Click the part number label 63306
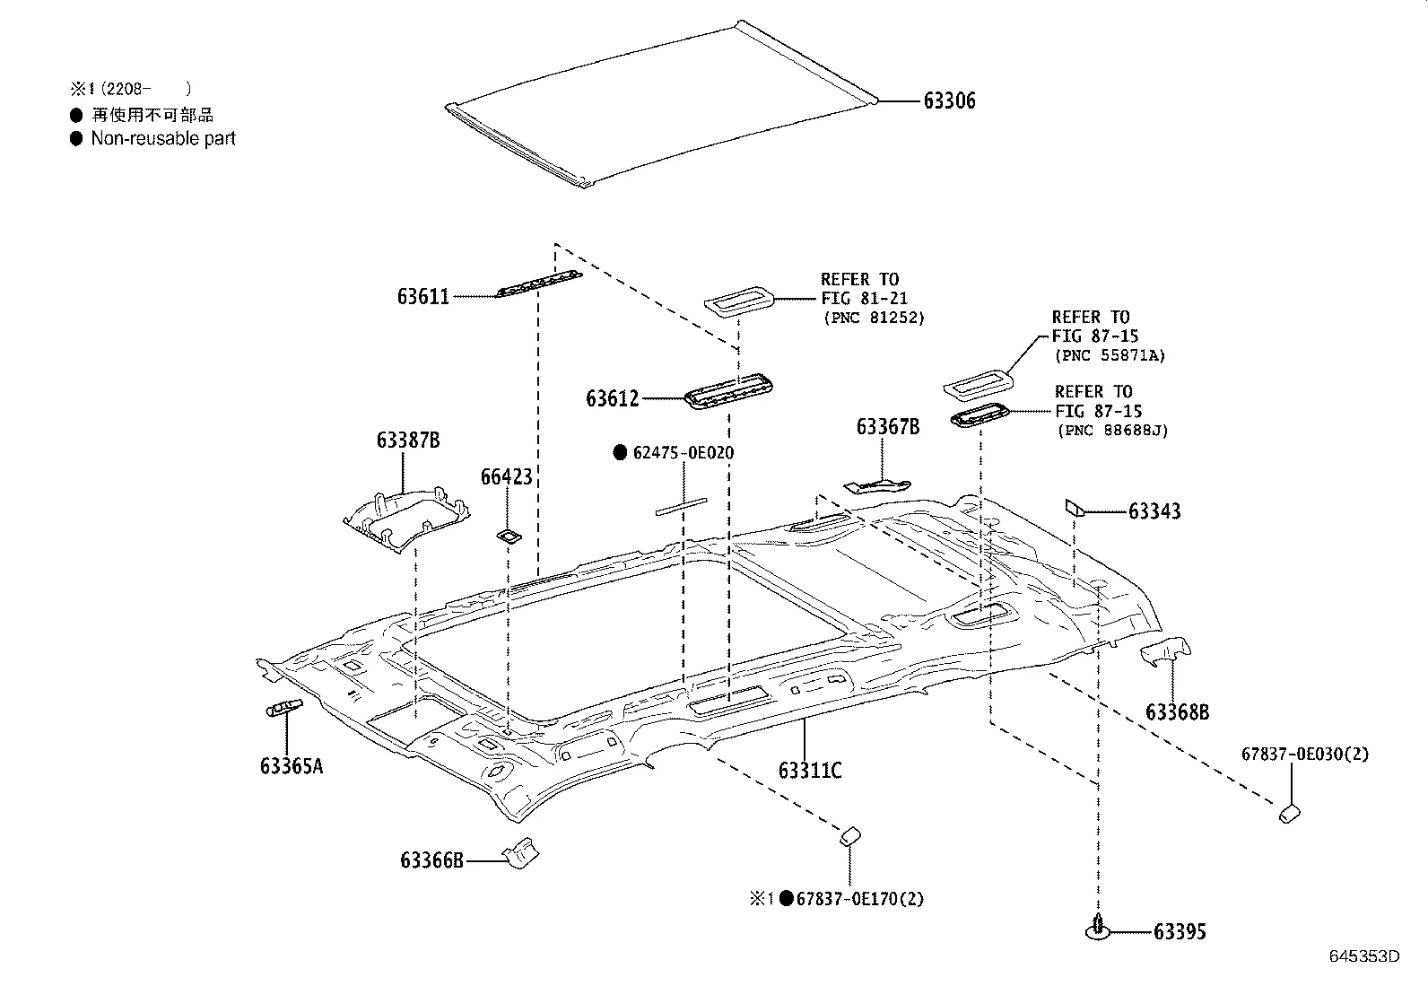click(949, 101)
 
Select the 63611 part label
click(423, 296)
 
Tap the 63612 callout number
click(613, 398)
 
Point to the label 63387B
click(408, 441)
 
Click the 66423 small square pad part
click(509, 537)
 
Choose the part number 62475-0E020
click(683, 453)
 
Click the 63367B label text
click(888, 427)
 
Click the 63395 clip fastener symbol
click(1098, 929)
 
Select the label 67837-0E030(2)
click(1305, 755)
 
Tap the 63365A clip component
click(283, 709)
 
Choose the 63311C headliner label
click(810, 770)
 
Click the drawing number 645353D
click(1363, 955)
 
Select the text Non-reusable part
click(163, 139)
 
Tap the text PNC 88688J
click(1112, 431)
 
